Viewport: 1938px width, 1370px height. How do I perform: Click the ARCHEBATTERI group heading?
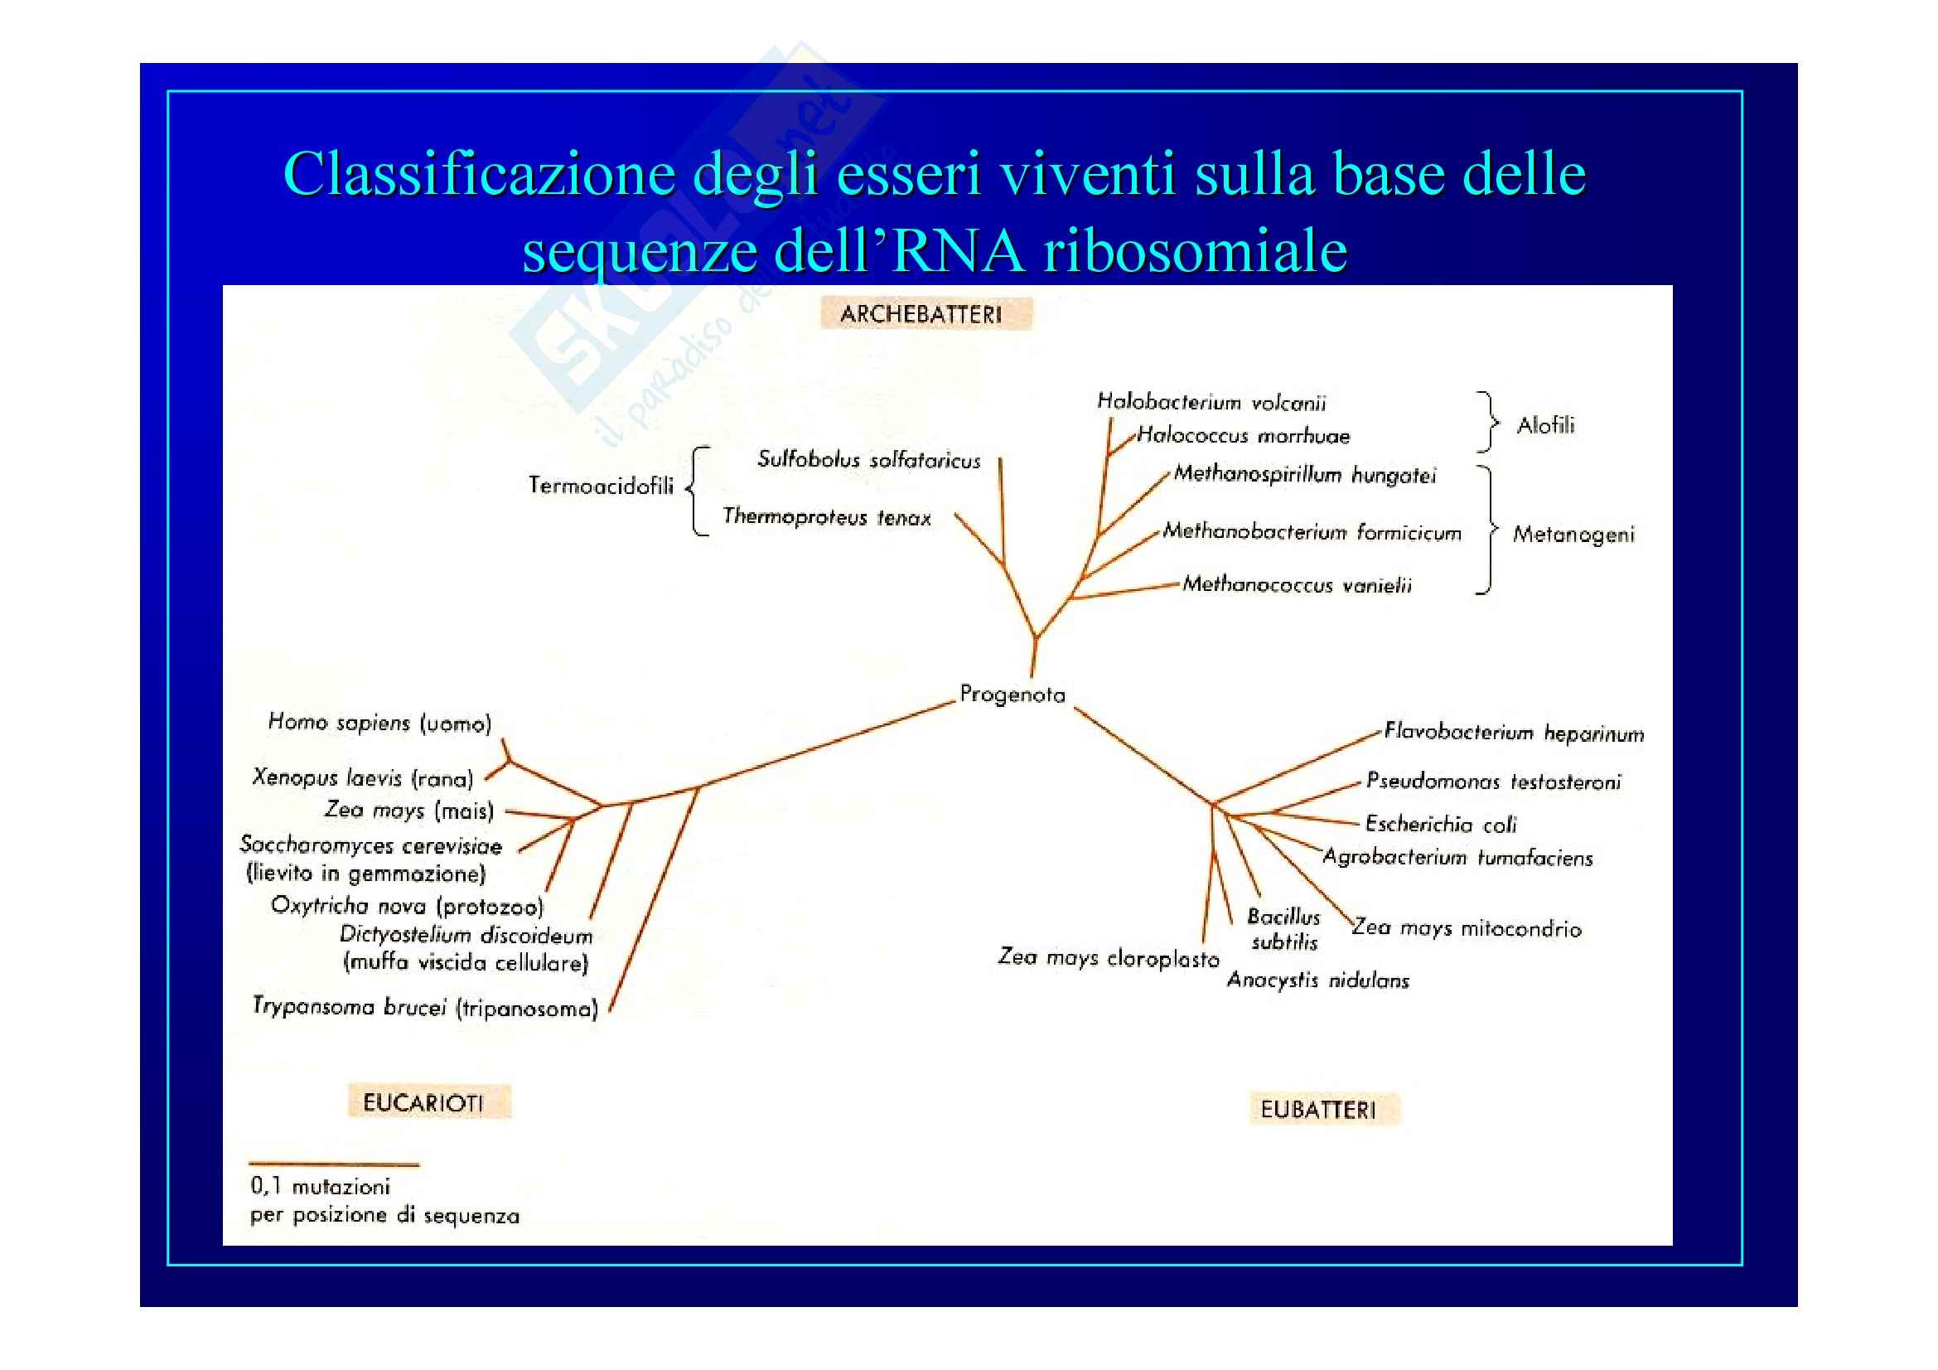click(x=921, y=315)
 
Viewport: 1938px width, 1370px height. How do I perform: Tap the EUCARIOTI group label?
click(x=423, y=1102)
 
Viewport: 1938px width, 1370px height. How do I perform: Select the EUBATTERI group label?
click(x=1317, y=1110)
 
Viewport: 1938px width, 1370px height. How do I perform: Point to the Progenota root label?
click(x=1012, y=695)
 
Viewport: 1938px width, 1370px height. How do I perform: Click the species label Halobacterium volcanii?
click(x=1211, y=403)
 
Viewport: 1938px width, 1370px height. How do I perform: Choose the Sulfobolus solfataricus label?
click(x=868, y=460)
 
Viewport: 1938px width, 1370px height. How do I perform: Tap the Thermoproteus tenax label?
click(x=826, y=516)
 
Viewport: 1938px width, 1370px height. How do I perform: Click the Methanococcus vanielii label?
click(x=1297, y=584)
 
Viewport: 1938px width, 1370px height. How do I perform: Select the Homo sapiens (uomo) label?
click(x=379, y=723)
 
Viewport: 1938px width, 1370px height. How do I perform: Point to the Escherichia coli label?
click(x=1441, y=824)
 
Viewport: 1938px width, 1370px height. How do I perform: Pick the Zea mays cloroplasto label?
click(x=1109, y=957)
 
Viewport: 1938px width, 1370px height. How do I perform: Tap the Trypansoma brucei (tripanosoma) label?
click(x=425, y=1007)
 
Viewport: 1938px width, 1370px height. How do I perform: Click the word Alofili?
click(x=1545, y=425)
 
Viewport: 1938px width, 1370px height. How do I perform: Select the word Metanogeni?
click(x=1573, y=535)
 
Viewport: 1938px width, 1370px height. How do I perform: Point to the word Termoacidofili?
click(x=601, y=487)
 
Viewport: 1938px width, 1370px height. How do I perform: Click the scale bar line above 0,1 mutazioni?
click(x=333, y=1165)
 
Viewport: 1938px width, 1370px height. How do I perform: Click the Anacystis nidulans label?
click(x=1317, y=980)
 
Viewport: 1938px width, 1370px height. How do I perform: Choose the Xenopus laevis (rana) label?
click(x=362, y=777)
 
